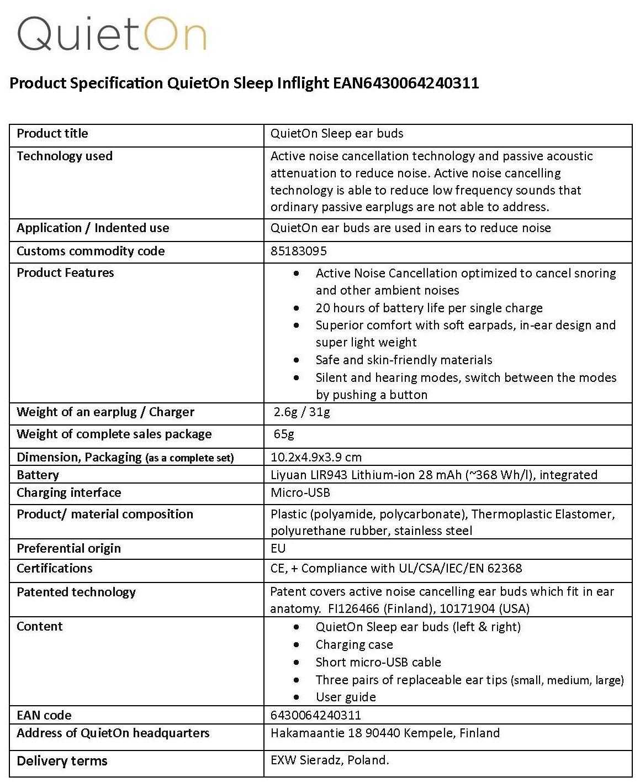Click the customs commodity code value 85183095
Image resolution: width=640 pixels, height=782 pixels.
[298, 251]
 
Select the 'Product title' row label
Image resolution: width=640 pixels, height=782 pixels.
[52, 133]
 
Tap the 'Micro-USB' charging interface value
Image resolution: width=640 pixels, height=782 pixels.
[300, 492]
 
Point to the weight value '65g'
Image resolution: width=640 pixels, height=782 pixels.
[284, 434]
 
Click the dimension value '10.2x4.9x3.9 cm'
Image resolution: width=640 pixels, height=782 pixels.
[316, 457]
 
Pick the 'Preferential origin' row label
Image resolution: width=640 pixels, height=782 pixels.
[68, 548]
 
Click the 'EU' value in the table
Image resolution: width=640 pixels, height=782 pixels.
[278, 548]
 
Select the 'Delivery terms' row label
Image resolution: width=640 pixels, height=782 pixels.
[62, 761]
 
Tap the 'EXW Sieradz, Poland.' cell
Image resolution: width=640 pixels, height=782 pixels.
[330, 760]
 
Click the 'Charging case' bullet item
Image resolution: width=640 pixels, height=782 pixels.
[354, 644]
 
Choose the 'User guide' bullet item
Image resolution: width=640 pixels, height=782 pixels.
[346, 697]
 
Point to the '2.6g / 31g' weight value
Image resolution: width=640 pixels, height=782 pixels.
[302, 412]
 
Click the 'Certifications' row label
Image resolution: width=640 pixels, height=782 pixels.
[54, 568]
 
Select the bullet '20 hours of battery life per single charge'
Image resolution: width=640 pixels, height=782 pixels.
[429, 308]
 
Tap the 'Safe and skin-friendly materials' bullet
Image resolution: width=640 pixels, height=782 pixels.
[404, 360]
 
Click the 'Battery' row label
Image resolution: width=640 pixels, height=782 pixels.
[38, 475]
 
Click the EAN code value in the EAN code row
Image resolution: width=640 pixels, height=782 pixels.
[315, 715]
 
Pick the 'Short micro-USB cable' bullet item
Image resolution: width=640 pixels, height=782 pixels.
[378, 662]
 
